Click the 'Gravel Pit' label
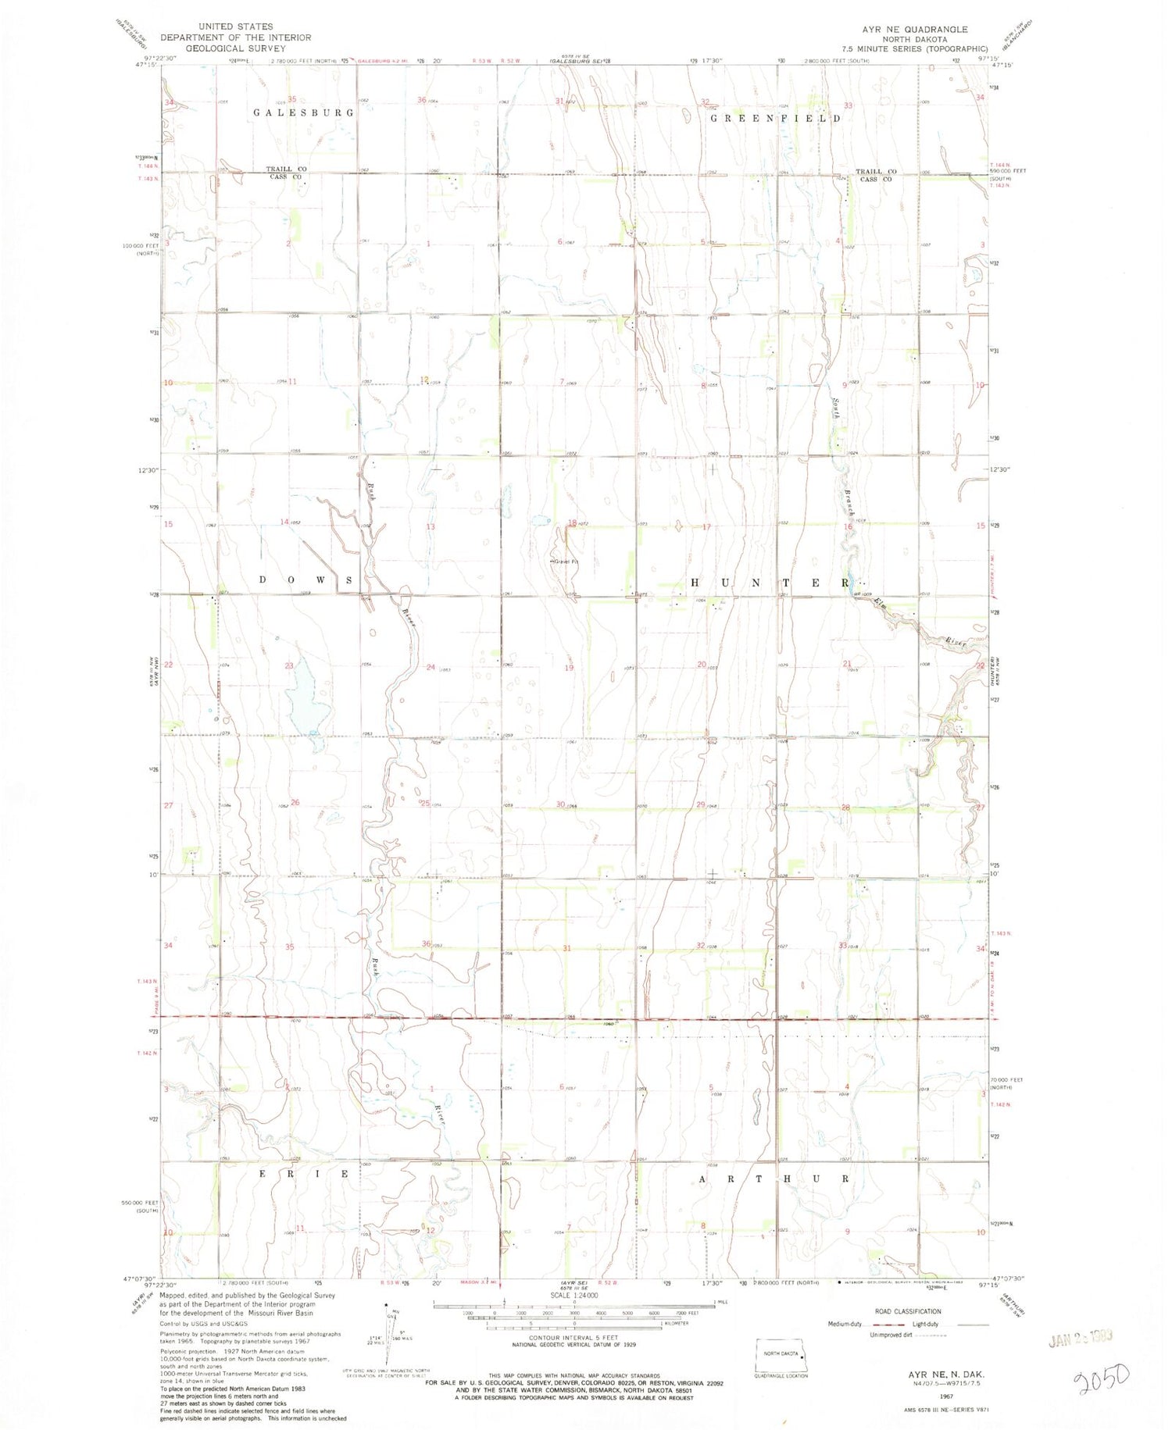point(566,562)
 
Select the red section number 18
point(572,522)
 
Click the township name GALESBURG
point(303,112)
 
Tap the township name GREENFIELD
point(775,118)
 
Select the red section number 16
point(847,527)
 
